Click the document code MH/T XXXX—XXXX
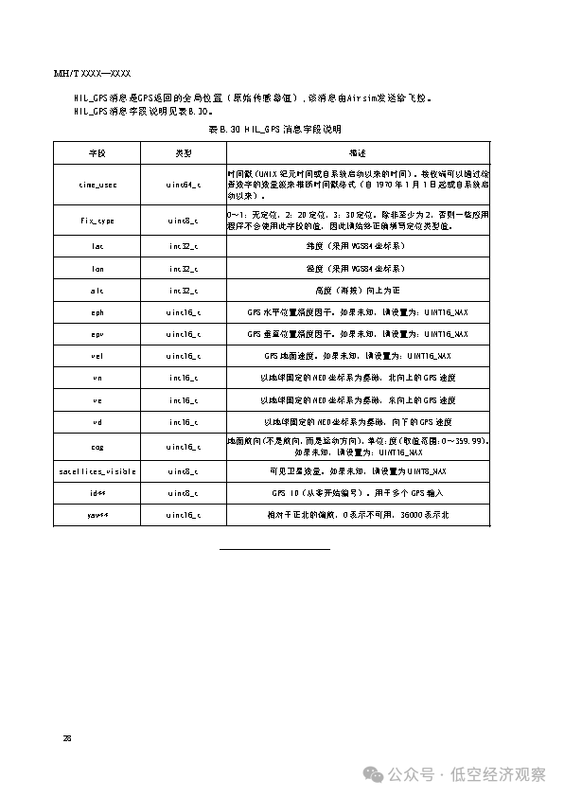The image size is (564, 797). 92,73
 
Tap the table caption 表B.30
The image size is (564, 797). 273,128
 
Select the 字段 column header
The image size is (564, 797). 98,152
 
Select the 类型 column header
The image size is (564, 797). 183,152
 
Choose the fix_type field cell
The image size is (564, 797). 98,221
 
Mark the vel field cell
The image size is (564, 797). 98,356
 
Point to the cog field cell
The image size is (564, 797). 98,447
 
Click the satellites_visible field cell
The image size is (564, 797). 98,471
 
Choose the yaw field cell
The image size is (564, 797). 98,515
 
